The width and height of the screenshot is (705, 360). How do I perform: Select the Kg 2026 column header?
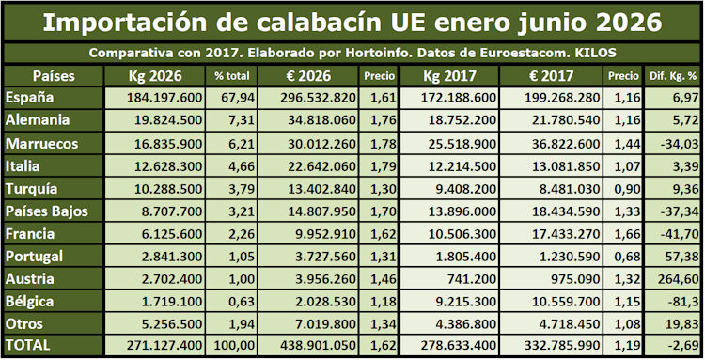tap(155, 76)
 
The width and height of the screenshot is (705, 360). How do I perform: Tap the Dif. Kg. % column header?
tap(673, 76)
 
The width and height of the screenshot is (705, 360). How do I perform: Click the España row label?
tap(30, 98)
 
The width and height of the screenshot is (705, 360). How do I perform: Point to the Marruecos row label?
tap(41, 144)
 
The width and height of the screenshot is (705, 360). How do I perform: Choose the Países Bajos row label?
tap(47, 211)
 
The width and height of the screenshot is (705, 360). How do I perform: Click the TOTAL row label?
tap(28, 345)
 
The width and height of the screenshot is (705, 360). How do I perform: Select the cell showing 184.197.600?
tap(164, 98)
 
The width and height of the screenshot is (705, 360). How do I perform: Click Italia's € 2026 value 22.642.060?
tap(321, 166)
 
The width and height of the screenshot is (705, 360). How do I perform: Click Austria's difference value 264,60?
tap(679, 278)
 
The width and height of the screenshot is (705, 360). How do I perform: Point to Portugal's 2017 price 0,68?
tap(629, 257)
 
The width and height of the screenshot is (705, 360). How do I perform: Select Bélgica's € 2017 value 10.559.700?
tap(566, 301)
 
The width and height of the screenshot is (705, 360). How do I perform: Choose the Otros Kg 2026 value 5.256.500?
tap(172, 323)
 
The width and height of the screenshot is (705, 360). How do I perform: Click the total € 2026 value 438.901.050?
tap(319, 345)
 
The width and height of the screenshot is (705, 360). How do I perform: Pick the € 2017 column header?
tap(551, 76)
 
